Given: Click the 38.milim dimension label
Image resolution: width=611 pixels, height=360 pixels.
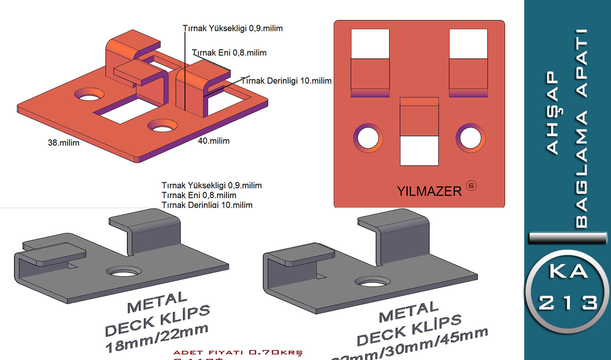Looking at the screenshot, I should [x=64, y=143].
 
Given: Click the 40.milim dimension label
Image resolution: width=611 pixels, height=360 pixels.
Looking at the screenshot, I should [x=214, y=140].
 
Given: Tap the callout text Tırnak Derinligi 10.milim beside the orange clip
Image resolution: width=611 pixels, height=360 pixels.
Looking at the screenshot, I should [x=286, y=81].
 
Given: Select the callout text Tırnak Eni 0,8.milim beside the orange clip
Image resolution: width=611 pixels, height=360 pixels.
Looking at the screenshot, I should [x=229, y=53].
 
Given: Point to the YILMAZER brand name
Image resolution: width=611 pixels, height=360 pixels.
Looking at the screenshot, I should [x=429, y=191].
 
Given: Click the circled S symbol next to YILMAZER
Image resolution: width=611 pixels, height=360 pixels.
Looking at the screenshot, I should [x=471, y=186].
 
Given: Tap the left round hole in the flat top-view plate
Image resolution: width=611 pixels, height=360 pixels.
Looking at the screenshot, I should [x=368, y=138].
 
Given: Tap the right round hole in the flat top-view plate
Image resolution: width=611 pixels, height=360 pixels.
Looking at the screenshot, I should [x=470, y=138].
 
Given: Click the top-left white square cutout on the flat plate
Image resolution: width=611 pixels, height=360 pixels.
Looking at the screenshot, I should [x=370, y=44].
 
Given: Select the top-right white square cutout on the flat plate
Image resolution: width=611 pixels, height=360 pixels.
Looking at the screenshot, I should [x=468, y=44].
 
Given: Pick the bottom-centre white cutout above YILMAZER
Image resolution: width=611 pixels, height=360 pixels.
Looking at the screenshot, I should [x=419, y=151].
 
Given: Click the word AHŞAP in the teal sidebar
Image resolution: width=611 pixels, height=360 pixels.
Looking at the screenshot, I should [x=552, y=113].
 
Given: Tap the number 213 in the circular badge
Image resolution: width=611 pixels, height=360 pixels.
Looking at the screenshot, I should [x=568, y=303].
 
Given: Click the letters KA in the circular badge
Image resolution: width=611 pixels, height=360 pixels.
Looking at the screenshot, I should [x=569, y=271].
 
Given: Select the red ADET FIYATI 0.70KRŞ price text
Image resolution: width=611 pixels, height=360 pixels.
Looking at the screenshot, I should [x=238, y=352].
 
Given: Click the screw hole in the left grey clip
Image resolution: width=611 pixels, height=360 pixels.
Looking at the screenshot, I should [x=124, y=271].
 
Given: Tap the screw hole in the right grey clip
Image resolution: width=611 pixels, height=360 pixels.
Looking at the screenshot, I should [x=372, y=281].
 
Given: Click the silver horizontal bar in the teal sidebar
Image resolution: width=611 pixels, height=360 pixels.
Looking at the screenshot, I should [x=567, y=238].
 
